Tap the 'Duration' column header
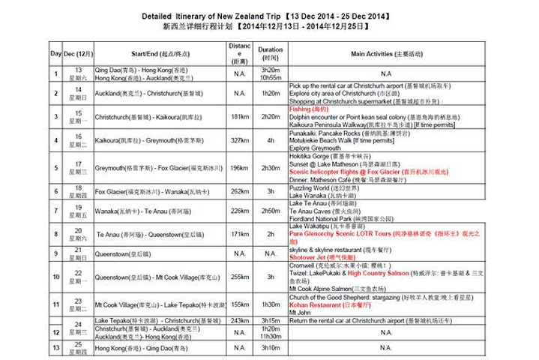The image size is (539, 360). click(x=270, y=53)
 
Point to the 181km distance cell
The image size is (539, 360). click(x=239, y=117)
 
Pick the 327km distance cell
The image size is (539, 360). click(x=239, y=140)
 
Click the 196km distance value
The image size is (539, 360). click(x=239, y=168)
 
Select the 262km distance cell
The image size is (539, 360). click(x=239, y=191)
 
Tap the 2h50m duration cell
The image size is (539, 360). click(x=270, y=211)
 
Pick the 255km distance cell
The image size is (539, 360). click(x=239, y=276)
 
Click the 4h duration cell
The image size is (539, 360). click(x=270, y=140)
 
